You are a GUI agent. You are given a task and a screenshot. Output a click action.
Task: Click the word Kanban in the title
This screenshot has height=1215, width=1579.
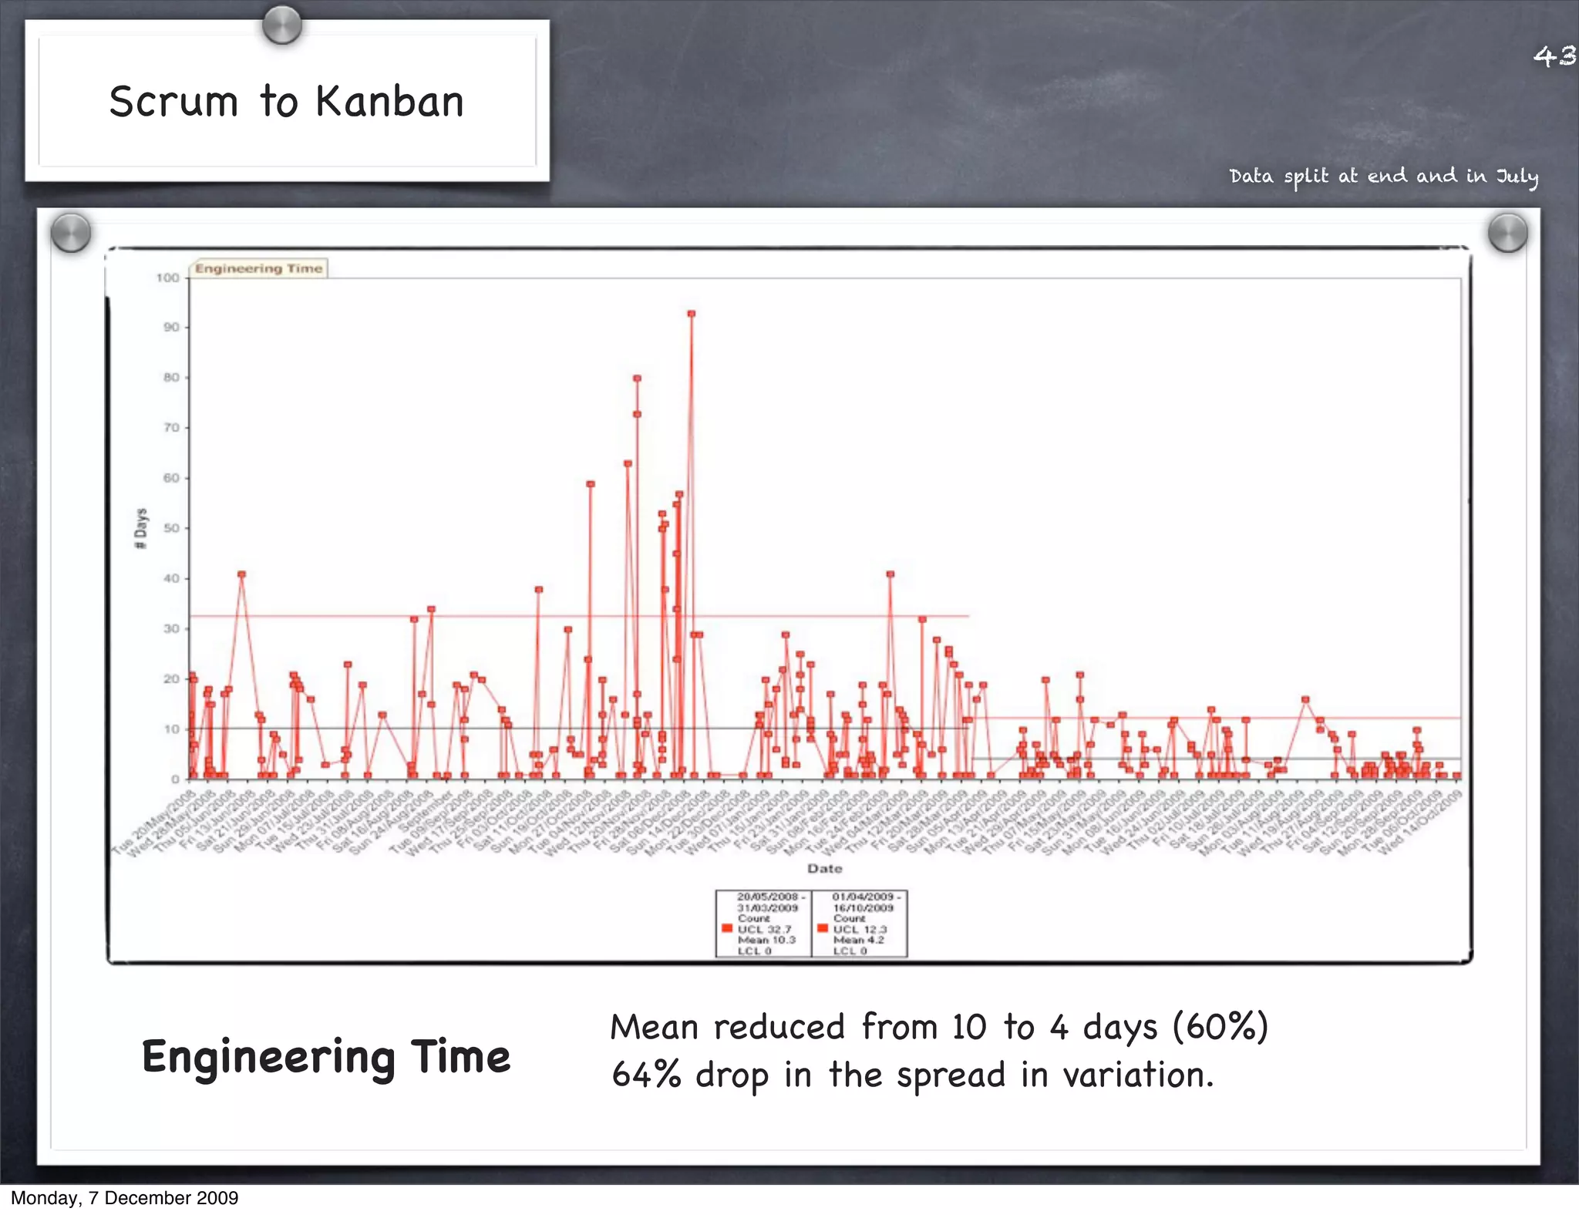tap(389, 103)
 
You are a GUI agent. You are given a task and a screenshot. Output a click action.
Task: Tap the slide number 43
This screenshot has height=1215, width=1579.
tap(1554, 56)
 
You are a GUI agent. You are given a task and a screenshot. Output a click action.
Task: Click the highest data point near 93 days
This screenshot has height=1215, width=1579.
tap(692, 314)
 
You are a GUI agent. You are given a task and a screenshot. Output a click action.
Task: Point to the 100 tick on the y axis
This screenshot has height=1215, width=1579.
tap(167, 278)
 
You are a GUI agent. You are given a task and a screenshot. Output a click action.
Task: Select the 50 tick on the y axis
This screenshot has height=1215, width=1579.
tap(170, 529)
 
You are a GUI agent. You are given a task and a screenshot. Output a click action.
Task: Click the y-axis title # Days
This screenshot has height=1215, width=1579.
tap(140, 529)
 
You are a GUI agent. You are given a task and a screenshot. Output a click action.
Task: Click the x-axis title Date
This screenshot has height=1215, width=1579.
tap(824, 869)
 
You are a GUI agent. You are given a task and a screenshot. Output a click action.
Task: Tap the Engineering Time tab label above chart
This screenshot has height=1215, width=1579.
tap(258, 268)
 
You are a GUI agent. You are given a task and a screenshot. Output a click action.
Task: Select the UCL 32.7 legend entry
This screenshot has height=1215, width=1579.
tap(764, 930)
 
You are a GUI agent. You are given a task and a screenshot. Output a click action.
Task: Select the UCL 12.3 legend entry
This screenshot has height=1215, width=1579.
tap(860, 930)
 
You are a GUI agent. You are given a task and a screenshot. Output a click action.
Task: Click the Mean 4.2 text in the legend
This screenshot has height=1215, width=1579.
tap(858, 941)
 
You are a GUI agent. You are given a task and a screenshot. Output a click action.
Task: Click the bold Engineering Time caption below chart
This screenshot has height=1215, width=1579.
tap(325, 1057)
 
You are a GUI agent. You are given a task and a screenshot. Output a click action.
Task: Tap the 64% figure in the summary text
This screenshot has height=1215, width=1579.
tap(646, 1075)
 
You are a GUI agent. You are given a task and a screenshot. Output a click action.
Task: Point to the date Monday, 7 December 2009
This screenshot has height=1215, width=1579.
tap(124, 1198)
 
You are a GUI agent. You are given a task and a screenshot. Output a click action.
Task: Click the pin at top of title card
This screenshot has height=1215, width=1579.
tap(281, 25)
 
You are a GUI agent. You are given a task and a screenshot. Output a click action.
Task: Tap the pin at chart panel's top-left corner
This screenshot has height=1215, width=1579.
tap(71, 232)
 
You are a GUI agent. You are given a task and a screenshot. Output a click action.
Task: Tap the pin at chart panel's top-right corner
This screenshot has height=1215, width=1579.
tap(1507, 233)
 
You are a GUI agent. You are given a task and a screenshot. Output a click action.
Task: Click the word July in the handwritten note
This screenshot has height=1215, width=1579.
tap(1517, 177)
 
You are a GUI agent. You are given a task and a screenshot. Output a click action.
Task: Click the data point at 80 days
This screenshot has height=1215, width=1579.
tap(637, 379)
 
